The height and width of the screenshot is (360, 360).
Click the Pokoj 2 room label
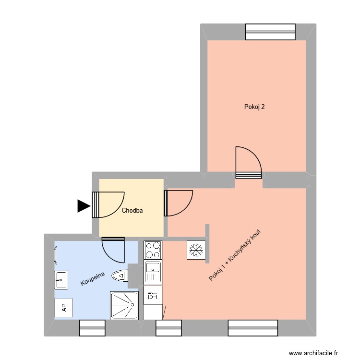pos(254,108)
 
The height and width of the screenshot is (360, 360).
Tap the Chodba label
pos(132,210)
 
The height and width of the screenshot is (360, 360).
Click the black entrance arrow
pos(84,206)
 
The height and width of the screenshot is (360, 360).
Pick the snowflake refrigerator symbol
pos(195,250)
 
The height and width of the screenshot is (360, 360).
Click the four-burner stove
pos(153,250)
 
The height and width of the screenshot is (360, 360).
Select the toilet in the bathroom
pos(120,276)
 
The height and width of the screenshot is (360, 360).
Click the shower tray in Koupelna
pos(125,305)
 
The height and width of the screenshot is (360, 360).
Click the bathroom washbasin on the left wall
pos(60,279)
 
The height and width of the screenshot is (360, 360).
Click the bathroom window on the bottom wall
pos(92,328)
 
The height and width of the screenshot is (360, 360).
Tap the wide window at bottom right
pos(253,328)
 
